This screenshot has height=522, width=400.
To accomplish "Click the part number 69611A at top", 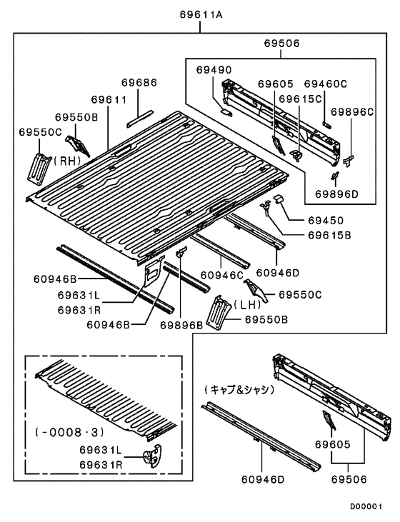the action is (201, 15).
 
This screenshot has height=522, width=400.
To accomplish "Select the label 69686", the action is (139, 83).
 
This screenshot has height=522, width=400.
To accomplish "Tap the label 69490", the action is (214, 70).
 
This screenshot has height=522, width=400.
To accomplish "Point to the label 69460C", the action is (326, 84).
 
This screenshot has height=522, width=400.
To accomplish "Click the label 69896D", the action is (336, 194).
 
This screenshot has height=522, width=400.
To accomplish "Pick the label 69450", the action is (326, 221).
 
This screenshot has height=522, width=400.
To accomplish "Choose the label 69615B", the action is (329, 236).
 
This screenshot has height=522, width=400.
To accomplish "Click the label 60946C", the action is (222, 276).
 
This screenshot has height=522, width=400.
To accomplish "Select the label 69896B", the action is (181, 325).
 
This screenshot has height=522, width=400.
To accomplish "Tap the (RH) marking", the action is (67, 161).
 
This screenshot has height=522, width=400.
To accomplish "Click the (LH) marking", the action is (247, 304).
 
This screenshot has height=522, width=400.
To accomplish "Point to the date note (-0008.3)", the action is (69, 432).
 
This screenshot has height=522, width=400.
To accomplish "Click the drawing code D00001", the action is (366, 507).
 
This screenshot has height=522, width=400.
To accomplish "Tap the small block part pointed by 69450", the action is (279, 199).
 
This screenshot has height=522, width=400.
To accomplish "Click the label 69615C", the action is (300, 99).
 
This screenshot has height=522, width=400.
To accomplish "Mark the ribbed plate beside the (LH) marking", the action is (218, 312).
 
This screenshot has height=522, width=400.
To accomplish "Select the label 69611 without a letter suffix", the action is (109, 99).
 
